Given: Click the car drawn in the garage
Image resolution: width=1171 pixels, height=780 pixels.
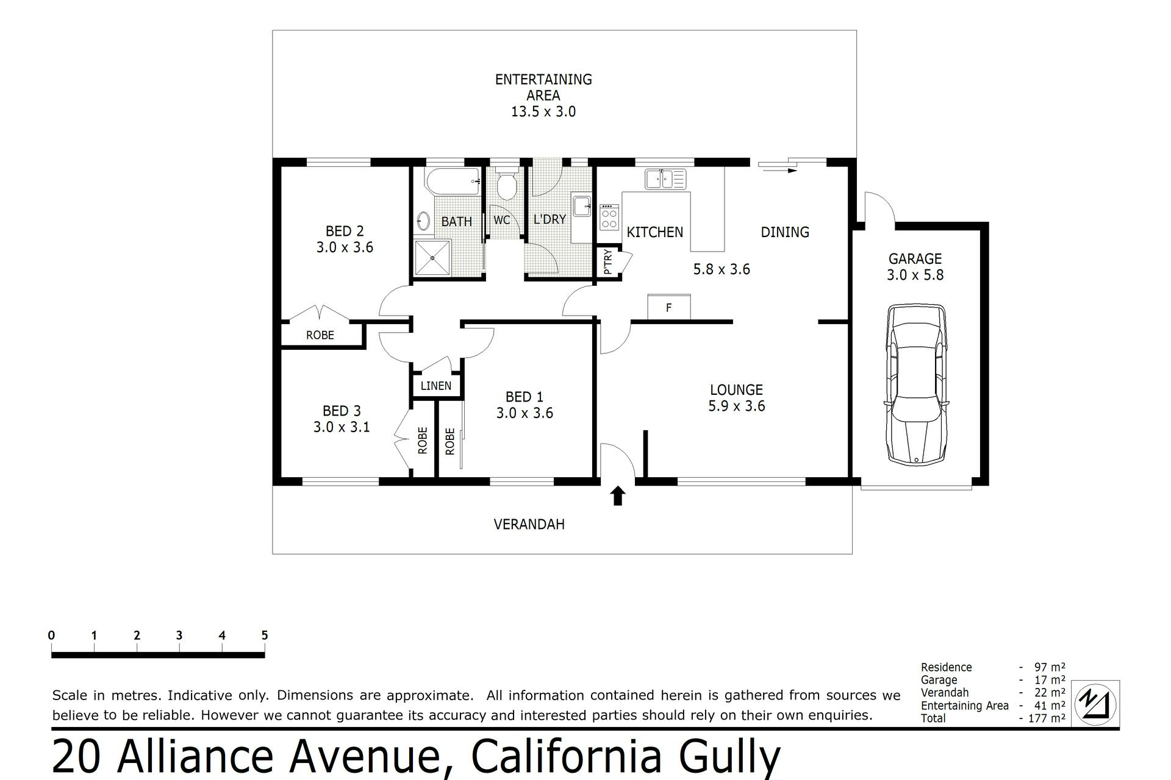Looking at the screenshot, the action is click(x=917, y=385).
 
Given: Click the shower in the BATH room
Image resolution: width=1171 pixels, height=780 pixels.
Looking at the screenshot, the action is click(x=432, y=258).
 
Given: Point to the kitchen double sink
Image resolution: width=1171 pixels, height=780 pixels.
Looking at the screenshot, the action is click(x=665, y=179).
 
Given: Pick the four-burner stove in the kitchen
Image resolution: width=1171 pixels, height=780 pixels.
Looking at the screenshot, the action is click(x=609, y=217).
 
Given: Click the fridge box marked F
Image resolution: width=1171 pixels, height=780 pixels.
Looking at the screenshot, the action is click(x=669, y=307).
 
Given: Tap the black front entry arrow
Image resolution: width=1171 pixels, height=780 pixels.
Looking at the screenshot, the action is click(x=618, y=495).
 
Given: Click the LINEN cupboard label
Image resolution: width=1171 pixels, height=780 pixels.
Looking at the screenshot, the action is click(x=435, y=386).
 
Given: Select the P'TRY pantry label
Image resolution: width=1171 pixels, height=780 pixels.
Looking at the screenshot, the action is click(x=607, y=262).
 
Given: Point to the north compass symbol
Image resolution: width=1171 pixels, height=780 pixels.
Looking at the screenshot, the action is click(x=1095, y=704).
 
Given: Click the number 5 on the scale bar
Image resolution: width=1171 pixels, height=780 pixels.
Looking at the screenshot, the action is click(x=265, y=635).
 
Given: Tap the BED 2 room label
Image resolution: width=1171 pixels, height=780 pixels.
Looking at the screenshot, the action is click(x=345, y=231).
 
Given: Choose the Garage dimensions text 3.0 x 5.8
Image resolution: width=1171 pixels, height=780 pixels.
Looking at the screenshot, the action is click(x=915, y=275).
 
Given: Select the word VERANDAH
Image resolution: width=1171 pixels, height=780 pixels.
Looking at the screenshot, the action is click(x=529, y=524).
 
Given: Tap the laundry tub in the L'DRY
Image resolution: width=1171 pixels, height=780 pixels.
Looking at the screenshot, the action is click(x=581, y=206).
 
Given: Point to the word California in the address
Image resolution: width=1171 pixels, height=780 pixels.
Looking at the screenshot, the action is click(x=567, y=757).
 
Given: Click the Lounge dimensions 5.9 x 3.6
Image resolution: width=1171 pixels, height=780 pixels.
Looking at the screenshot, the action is click(x=736, y=406).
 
